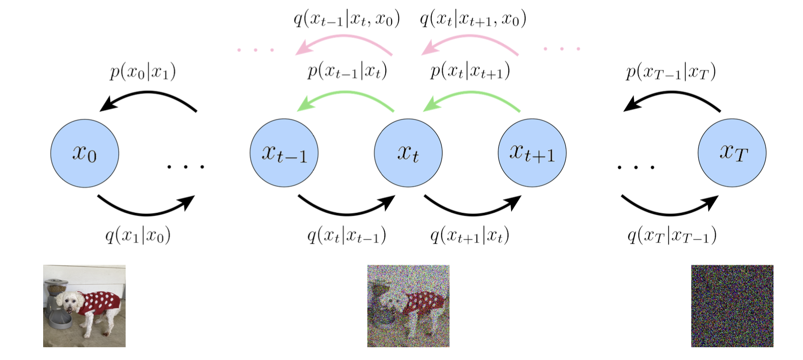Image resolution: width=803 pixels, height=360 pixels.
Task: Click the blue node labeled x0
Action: click(85, 153)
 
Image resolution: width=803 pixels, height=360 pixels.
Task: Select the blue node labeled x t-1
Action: click(284, 153)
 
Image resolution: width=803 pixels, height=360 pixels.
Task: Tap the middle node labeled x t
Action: click(408, 153)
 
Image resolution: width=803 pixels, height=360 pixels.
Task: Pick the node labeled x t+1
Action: click(532, 153)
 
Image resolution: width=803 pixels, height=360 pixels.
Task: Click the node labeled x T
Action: click(732, 153)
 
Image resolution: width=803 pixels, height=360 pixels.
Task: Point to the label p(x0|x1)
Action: click(143, 71)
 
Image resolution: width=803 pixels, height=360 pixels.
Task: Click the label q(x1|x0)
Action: click(138, 235)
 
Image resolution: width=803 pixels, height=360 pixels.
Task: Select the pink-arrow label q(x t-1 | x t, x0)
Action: click(347, 19)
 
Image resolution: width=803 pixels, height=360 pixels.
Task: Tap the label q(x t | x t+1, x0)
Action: click(473, 19)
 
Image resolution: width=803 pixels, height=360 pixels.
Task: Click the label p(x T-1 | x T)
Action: click(671, 71)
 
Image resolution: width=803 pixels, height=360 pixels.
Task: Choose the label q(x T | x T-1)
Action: click(672, 235)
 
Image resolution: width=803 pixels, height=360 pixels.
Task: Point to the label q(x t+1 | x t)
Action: click(470, 235)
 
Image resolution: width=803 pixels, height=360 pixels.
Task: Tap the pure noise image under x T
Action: click(732, 306)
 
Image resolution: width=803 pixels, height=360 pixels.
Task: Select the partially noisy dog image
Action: click(408, 306)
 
